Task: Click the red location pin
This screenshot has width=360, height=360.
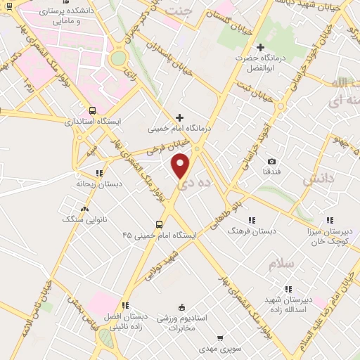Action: coord(181,166)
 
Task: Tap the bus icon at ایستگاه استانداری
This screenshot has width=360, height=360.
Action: coord(93,110)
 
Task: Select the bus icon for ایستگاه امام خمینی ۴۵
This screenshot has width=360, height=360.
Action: coord(159,224)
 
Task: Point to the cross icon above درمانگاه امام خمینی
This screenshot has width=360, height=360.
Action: coord(179,117)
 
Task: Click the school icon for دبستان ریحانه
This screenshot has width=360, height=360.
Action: coord(98,172)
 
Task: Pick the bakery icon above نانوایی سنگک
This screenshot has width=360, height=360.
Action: coord(85,209)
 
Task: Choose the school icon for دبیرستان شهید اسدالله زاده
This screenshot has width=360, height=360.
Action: coord(288,288)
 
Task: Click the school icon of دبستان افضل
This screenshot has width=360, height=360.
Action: coord(124,305)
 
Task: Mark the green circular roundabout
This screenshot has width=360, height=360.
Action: coord(119,58)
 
